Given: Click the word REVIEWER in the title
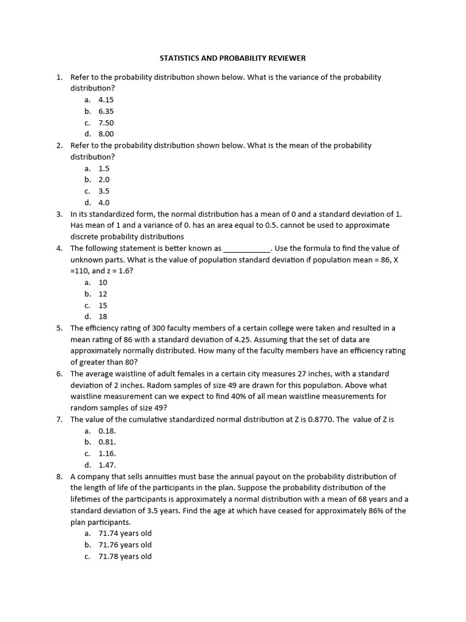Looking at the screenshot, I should coord(285,58).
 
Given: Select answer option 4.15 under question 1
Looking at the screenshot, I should coord(106,100).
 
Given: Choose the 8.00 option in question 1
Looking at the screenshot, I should coord(106,134).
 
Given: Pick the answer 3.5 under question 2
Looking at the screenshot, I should coord(104,191).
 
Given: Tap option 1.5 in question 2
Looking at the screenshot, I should coord(104,168).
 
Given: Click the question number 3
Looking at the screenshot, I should coord(59,214).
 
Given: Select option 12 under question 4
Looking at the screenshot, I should coord(103,294).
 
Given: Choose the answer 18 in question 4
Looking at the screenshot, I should coord(103,316).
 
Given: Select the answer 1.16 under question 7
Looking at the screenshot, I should coord(107,454).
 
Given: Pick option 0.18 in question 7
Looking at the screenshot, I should coord(107,431).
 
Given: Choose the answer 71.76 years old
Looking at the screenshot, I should coord(125,545).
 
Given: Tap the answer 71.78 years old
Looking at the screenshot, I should coord(125,556).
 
